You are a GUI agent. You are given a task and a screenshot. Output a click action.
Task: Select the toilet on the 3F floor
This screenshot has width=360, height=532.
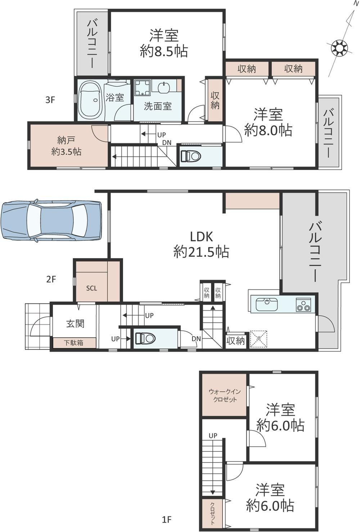(x=191, y=156)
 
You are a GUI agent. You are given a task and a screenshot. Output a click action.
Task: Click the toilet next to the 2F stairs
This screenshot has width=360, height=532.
(x=145, y=338)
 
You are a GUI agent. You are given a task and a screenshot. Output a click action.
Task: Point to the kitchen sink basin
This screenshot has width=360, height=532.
(x=267, y=304)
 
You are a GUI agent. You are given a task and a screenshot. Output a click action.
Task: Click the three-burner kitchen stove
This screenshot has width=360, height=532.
(x=303, y=305)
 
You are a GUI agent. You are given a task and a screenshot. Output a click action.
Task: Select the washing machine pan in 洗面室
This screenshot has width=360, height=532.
(x=143, y=87)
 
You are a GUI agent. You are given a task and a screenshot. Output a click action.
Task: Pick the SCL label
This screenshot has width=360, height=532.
(x=91, y=288)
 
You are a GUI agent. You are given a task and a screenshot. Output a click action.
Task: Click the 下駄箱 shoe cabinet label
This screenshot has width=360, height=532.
(x=73, y=343)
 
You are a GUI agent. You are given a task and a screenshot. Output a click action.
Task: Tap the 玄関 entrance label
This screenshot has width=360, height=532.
(x=75, y=324)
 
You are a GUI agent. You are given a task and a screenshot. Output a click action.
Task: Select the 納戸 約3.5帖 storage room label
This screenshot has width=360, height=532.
(x=66, y=146)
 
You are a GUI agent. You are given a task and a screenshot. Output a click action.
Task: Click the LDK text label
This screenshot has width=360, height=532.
(x=201, y=236)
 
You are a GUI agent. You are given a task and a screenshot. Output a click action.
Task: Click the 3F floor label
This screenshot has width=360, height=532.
(x=50, y=100)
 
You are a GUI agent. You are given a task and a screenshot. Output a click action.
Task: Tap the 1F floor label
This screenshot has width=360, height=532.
(x=167, y=520)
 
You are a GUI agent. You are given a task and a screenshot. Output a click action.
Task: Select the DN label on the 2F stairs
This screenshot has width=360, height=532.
(x=197, y=338)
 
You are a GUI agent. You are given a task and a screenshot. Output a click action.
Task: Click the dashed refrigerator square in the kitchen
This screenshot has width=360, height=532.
(x=258, y=339)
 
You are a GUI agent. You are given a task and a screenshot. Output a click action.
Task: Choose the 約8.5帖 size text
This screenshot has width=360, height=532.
(x=164, y=51)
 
